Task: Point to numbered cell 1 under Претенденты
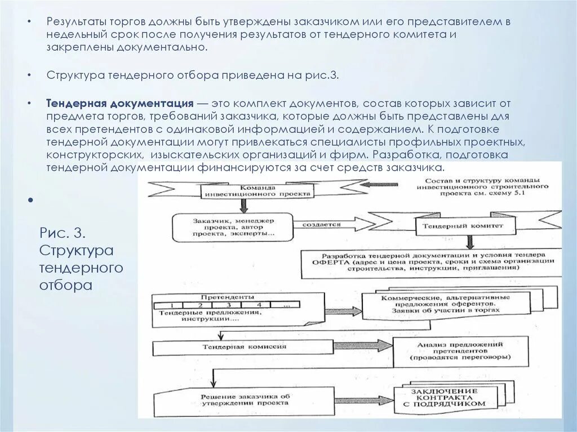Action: (x=170, y=304)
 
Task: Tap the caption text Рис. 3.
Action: (x=62, y=232)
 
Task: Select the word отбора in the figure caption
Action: (x=65, y=285)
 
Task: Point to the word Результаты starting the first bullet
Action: (x=76, y=22)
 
